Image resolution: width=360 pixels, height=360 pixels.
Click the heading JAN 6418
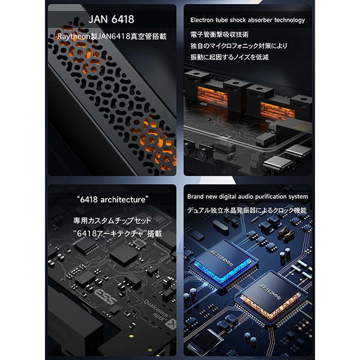[112, 19]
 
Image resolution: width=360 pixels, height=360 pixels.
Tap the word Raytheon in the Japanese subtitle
[74, 36]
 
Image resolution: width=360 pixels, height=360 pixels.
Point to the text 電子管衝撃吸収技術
[220, 34]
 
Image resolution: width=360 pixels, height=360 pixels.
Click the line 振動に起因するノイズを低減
[229, 57]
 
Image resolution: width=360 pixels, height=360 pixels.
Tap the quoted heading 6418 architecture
[113, 200]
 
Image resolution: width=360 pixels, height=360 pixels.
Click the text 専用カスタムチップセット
[112, 221]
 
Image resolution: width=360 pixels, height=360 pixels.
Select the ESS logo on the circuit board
[106, 296]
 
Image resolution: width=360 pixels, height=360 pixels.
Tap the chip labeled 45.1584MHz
[222, 262]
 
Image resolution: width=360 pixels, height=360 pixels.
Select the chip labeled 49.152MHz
[271, 296]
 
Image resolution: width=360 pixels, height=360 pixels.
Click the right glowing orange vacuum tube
[277, 111]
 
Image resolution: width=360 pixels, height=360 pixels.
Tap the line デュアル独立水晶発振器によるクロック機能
[247, 210]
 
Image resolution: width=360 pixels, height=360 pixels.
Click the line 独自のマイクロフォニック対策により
[239, 46]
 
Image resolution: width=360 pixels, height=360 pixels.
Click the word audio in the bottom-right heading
[245, 197]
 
